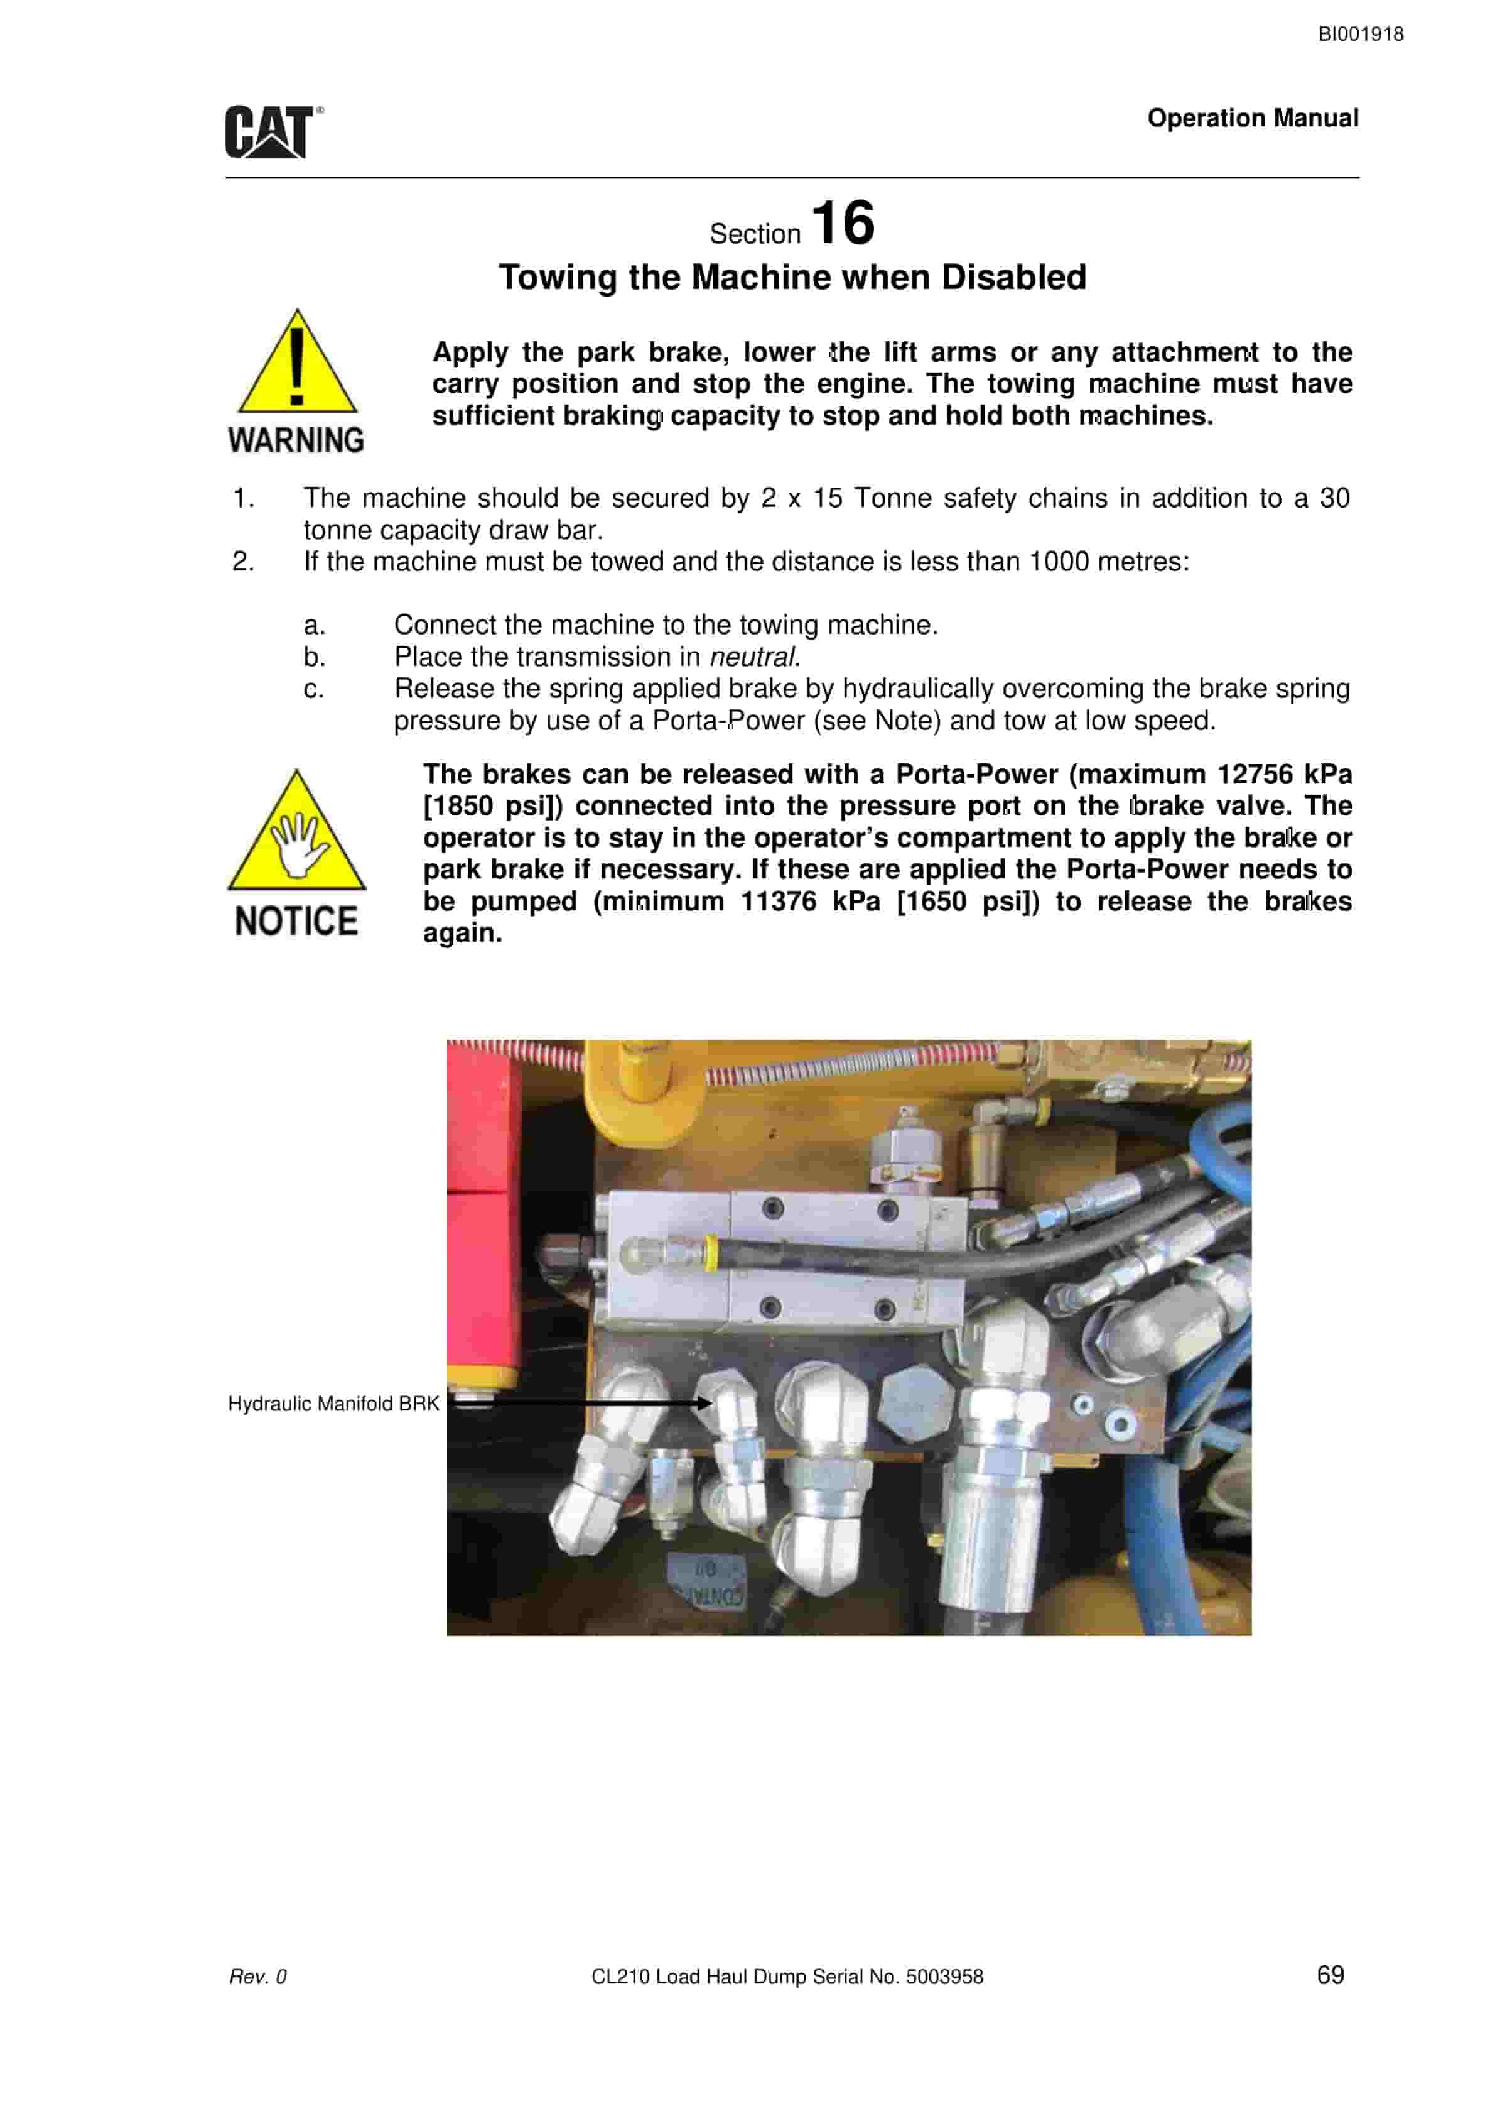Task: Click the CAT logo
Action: pos(274,132)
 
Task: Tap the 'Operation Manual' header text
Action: pos(1253,118)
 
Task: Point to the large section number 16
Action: pos(843,223)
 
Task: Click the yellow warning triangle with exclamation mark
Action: pos(296,361)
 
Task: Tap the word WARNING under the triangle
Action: pos(296,440)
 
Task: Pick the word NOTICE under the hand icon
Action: pos(296,922)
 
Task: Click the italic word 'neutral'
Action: pos(752,657)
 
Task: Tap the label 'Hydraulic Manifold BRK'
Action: pos(333,1404)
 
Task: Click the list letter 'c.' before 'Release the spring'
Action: pos(314,689)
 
